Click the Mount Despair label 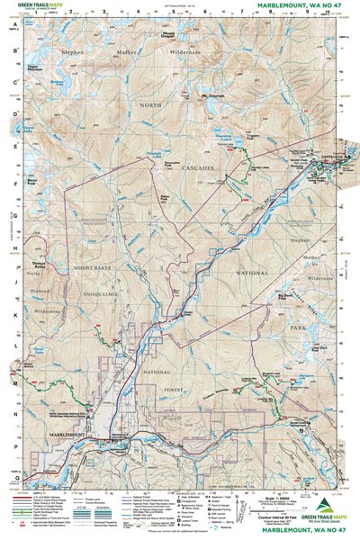[x=168, y=35]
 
